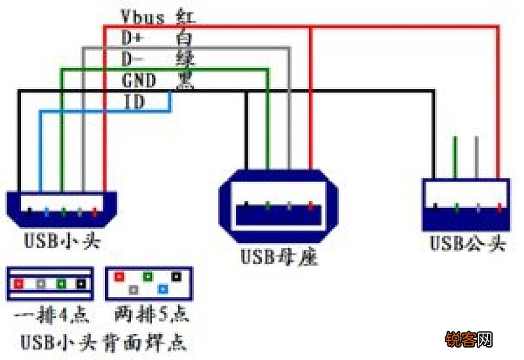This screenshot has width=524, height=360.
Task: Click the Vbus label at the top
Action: point(143,16)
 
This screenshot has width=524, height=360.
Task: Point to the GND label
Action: point(138,81)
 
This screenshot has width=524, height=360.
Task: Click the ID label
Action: point(134,101)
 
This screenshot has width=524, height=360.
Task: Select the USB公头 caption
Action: point(468,244)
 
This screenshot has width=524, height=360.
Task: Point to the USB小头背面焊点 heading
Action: point(102,342)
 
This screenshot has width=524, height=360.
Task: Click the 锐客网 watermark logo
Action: point(469,340)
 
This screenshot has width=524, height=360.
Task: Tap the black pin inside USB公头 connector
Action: point(436,209)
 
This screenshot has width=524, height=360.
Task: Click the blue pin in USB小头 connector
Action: point(47,212)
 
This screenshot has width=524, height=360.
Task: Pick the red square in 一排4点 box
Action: point(20,285)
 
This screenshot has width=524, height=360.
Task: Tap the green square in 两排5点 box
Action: point(148,278)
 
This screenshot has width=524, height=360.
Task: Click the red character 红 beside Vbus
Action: point(185,16)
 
